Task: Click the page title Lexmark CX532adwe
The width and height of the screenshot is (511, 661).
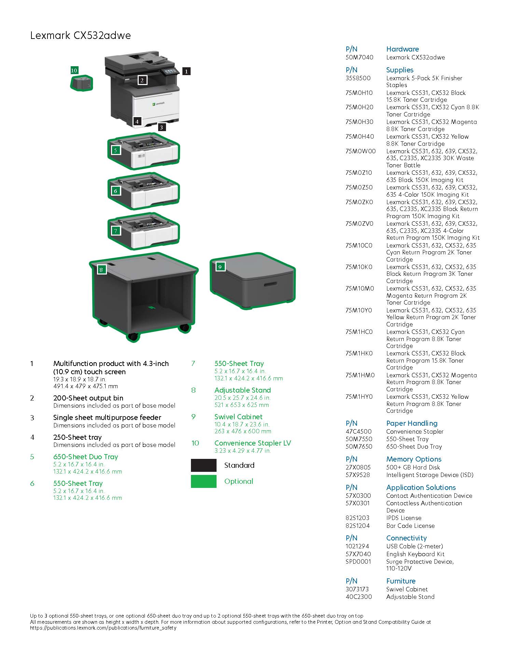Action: coord(80,36)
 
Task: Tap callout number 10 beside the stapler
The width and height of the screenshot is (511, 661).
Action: coord(74,70)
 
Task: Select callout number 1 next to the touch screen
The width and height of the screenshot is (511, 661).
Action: coord(186,71)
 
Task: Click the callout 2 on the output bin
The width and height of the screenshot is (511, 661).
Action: coord(142,80)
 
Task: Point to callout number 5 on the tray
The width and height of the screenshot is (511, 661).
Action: coord(115,150)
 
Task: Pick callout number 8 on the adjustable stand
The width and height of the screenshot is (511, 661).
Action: coord(101,270)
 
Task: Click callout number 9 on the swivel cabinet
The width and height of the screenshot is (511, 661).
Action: coord(220,267)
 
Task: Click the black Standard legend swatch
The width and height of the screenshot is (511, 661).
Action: coord(204,465)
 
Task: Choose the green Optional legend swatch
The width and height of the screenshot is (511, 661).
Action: coord(204,481)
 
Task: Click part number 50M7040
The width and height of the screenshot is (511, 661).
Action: coord(359,57)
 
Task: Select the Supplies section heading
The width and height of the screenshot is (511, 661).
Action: coord(400,70)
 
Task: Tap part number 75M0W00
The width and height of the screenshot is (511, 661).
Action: coord(360,151)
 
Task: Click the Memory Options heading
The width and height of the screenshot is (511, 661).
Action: coord(414,459)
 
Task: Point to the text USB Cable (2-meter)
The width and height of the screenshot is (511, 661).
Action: coord(414,546)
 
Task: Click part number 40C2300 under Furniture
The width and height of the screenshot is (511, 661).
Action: coord(359,597)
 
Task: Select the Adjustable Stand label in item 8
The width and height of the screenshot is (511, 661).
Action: coord(243,390)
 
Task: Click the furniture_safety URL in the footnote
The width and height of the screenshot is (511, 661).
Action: coord(103,628)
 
